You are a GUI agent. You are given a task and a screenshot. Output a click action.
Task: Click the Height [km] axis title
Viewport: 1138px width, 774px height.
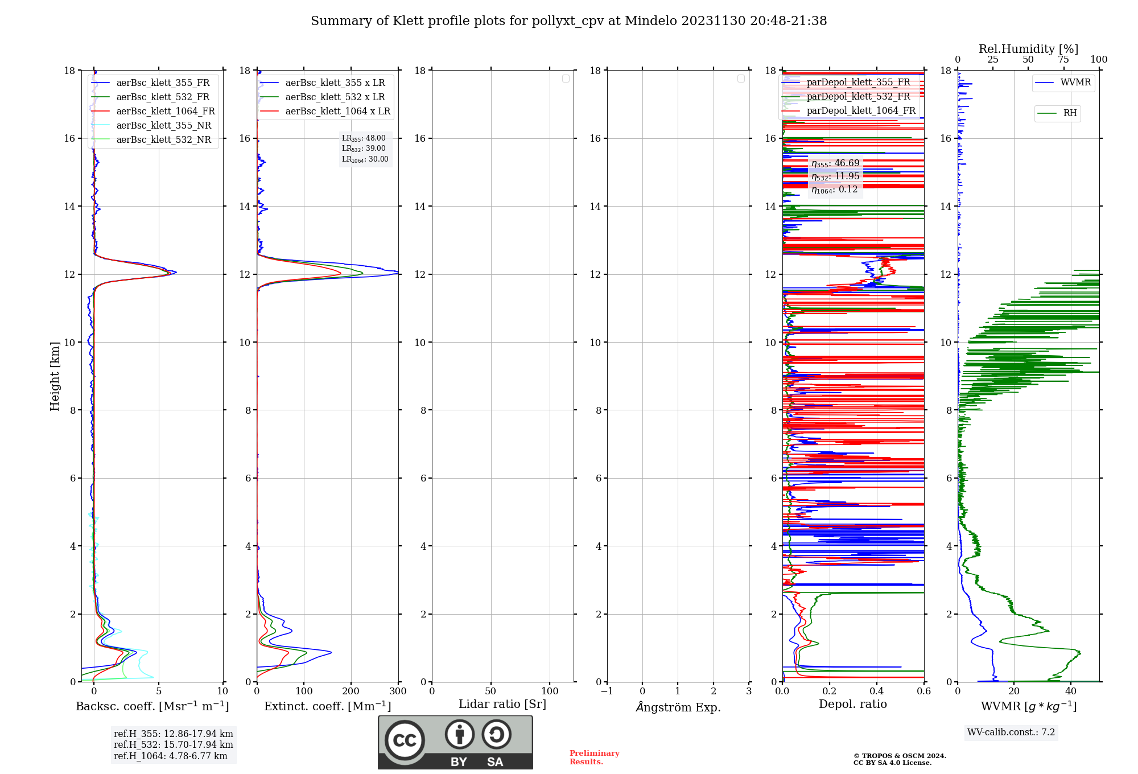55,376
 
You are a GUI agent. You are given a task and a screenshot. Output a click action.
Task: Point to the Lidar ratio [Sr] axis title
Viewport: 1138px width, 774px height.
502,705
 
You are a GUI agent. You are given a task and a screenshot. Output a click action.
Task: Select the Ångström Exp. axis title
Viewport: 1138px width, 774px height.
678,707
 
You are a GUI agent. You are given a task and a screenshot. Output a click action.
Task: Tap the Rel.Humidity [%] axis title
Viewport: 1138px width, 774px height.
1028,49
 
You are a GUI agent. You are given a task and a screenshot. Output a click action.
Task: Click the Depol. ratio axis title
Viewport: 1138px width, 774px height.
852,705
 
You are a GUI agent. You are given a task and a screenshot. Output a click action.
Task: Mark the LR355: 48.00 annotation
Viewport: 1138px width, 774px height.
364,138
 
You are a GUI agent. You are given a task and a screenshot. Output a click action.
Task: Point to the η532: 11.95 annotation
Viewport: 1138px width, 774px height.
835,176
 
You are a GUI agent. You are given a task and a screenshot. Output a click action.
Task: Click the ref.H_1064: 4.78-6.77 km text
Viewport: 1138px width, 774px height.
171,756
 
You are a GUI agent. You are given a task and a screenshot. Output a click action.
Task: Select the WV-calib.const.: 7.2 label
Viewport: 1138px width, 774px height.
1011,732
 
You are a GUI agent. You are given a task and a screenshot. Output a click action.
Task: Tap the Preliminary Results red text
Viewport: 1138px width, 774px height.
594,757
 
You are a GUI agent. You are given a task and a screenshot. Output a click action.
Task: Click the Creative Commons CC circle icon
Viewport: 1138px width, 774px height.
405,740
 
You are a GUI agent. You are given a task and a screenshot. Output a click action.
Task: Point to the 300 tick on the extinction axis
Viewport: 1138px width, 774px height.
398,691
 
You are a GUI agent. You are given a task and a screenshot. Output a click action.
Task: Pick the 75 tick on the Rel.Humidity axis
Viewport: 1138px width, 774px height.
1063,60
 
